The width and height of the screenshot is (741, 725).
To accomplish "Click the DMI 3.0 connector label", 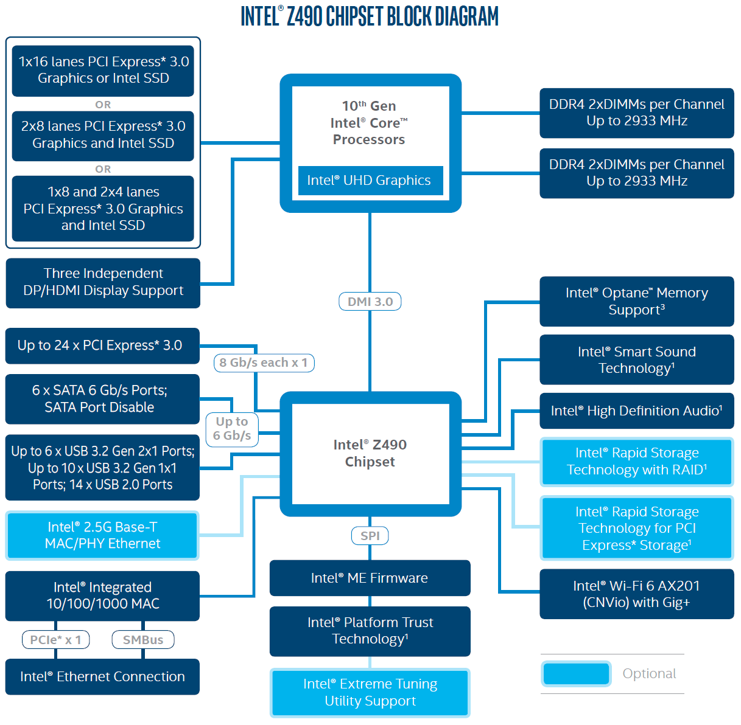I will tap(370, 302).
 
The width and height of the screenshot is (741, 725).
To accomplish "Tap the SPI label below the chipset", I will tap(370, 536).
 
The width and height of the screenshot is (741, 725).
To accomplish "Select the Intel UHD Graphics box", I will tap(370, 181).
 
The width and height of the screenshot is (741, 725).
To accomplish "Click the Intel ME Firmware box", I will tap(370, 578).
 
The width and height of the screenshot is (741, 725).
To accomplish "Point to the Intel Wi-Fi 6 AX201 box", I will tap(636, 594).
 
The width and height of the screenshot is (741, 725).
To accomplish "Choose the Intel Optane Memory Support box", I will tap(636, 301).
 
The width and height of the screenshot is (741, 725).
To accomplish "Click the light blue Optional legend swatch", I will tap(575, 673).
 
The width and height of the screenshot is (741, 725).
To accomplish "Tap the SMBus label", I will tap(143, 640).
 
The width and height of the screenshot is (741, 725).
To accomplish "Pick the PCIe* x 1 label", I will tap(55, 640).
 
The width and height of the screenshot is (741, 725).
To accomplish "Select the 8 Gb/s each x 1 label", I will tap(264, 362).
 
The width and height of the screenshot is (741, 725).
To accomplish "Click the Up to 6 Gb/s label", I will tap(232, 429).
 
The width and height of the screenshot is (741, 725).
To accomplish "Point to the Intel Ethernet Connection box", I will tap(102, 676).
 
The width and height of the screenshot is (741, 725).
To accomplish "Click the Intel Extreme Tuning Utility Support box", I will tap(370, 692).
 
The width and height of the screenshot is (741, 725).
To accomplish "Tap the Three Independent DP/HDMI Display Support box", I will tap(103, 282).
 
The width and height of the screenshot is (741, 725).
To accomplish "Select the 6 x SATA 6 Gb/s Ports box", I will tap(102, 399).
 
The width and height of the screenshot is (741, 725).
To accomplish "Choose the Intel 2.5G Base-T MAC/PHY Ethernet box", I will tap(102, 535).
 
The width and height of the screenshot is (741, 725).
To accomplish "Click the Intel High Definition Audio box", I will tap(636, 411).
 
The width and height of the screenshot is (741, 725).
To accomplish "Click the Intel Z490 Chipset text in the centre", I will tap(370, 453).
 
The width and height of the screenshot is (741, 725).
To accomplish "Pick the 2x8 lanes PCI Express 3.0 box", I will tap(103, 135).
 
